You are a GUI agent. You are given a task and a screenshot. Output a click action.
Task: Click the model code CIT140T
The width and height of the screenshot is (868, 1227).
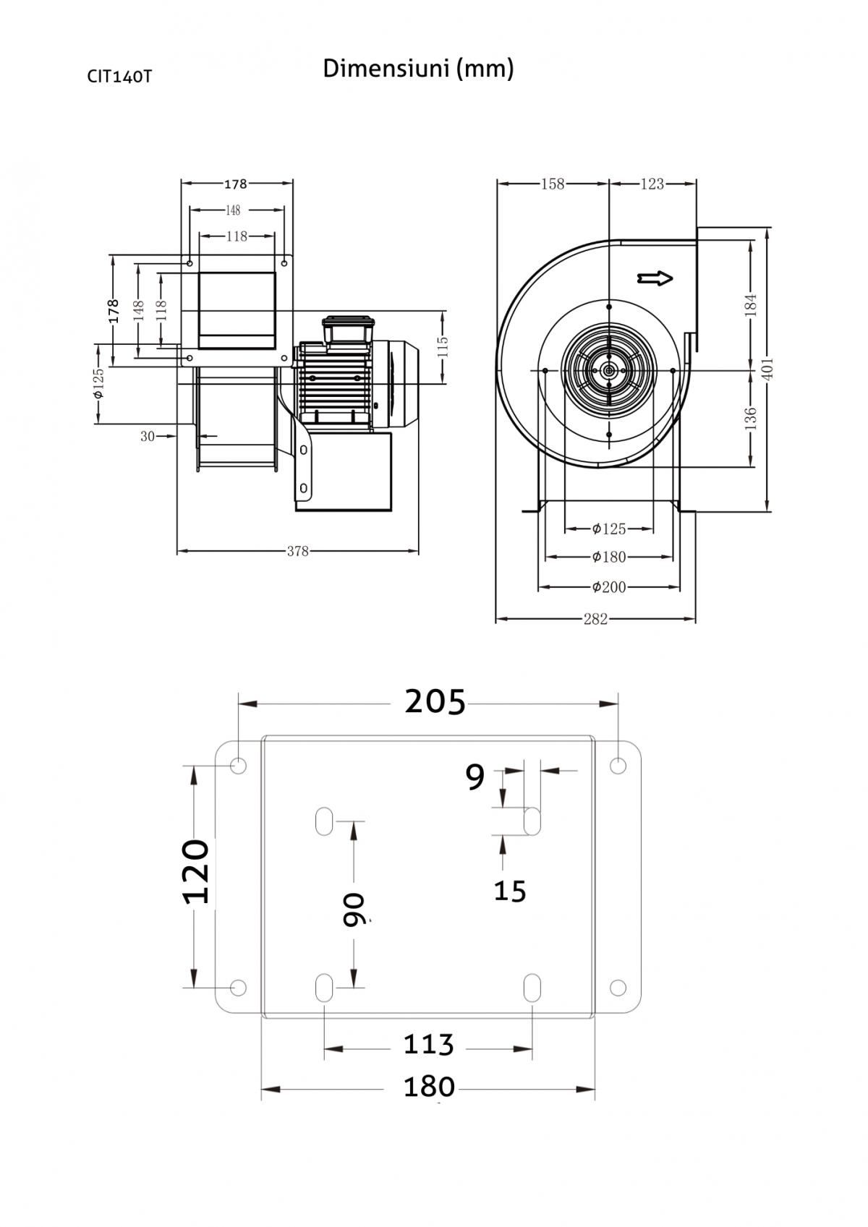119,77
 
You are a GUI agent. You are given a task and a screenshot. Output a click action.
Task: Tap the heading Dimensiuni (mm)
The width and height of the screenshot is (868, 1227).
418,69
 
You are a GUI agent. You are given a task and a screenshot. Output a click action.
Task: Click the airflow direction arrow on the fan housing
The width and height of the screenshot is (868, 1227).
655,278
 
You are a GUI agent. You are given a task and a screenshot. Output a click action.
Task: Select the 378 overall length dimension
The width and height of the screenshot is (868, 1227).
297,551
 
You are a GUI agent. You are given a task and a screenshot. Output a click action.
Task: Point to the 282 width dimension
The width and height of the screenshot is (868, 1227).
595,619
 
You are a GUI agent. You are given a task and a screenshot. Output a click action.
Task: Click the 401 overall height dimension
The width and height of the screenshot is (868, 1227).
767,369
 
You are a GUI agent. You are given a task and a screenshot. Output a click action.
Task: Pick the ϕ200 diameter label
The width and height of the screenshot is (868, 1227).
609,587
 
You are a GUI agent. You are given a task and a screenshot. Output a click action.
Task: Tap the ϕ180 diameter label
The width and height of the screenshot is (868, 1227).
609,557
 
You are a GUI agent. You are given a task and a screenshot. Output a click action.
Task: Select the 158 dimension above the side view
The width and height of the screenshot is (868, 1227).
553,184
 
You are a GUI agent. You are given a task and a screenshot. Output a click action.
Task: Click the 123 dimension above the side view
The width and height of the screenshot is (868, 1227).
652,184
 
